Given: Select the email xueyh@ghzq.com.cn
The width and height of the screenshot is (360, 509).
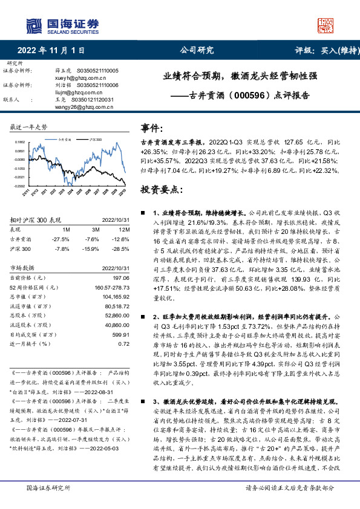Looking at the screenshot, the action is coord(76,79).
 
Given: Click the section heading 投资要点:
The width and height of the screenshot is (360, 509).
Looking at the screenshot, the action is coord(162,189).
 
